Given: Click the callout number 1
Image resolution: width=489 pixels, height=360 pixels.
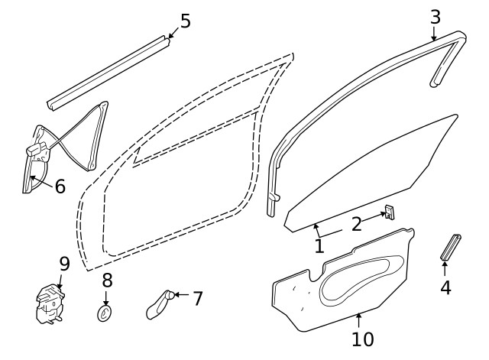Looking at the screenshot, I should [x=319, y=246].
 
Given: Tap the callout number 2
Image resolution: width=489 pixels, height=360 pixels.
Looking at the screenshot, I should [x=357, y=224].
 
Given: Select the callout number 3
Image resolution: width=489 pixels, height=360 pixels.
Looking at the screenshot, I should [x=435, y=16].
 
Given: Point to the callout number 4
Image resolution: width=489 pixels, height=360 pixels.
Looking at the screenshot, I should [x=445, y=287].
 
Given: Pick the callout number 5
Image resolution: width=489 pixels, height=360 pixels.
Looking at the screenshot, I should [x=185, y=21].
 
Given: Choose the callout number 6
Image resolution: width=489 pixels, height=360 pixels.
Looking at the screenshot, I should [x=60, y=186].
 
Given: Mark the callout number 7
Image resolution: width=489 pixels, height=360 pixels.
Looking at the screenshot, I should [x=197, y=298].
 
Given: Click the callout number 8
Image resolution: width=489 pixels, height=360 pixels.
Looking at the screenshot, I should [x=107, y=280].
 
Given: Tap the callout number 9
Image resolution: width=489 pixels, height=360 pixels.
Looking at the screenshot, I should [x=64, y=264].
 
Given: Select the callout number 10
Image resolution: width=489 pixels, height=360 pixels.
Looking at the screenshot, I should [x=363, y=338].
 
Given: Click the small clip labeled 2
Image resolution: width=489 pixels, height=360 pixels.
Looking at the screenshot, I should [x=390, y=212].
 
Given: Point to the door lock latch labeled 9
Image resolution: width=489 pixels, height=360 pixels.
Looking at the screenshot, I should [x=50, y=302].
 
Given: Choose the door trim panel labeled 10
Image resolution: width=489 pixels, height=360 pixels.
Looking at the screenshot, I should [x=344, y=279].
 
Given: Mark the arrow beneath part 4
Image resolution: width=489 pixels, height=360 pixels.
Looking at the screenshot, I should [x=445, y=268].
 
